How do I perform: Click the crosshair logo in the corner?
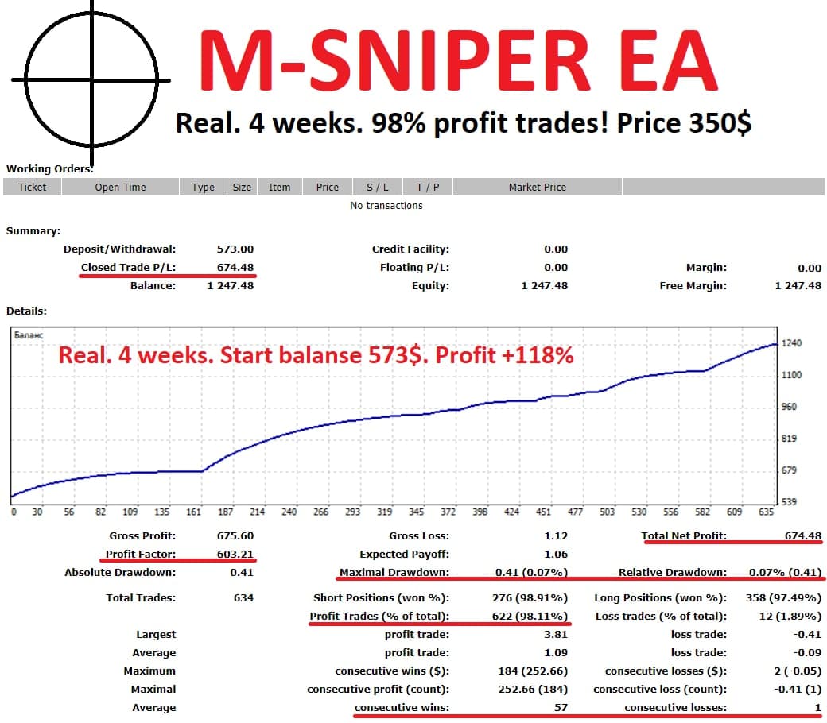click(x=91, y=79)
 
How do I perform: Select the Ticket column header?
click(x=32, y=188)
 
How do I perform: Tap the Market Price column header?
click(x=538, y=188)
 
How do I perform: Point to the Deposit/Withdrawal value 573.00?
click(x=235, y=249)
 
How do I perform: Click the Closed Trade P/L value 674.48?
click(x=235, y=268)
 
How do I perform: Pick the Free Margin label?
click(x=693, y=286)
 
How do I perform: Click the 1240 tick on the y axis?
click(x=791, y=343)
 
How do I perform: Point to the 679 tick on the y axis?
click(x=790, y=470)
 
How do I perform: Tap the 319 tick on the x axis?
click(x=385, y=512)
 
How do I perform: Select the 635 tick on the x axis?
click(x=766, y=512)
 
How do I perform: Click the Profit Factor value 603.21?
click(x=235, y=555)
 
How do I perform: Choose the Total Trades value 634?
click(x=243, y=598)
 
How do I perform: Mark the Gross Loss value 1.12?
click(x=557, y=536)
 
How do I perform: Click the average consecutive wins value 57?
click(x=561, y=708)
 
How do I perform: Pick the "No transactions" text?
click(x=386, y=206)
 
